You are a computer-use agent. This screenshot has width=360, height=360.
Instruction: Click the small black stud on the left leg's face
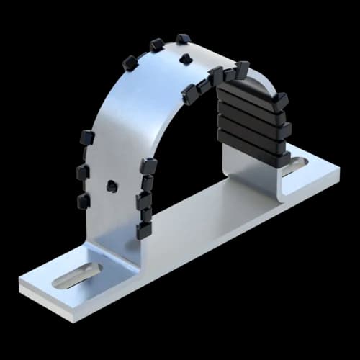[x=112, y=186]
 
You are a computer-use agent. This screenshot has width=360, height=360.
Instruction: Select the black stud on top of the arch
[x=186, y=58]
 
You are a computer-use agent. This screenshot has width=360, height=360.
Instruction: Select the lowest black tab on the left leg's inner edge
[x=144, y=230]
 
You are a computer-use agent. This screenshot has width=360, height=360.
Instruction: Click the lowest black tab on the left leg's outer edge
[x=84, y=200]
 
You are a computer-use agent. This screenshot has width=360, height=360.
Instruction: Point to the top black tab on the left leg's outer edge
[x=87, y=137]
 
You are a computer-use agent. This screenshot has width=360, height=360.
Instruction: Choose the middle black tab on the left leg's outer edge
[x=83, y=172]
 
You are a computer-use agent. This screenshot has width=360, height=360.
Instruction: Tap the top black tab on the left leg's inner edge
[x=149, y=166]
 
